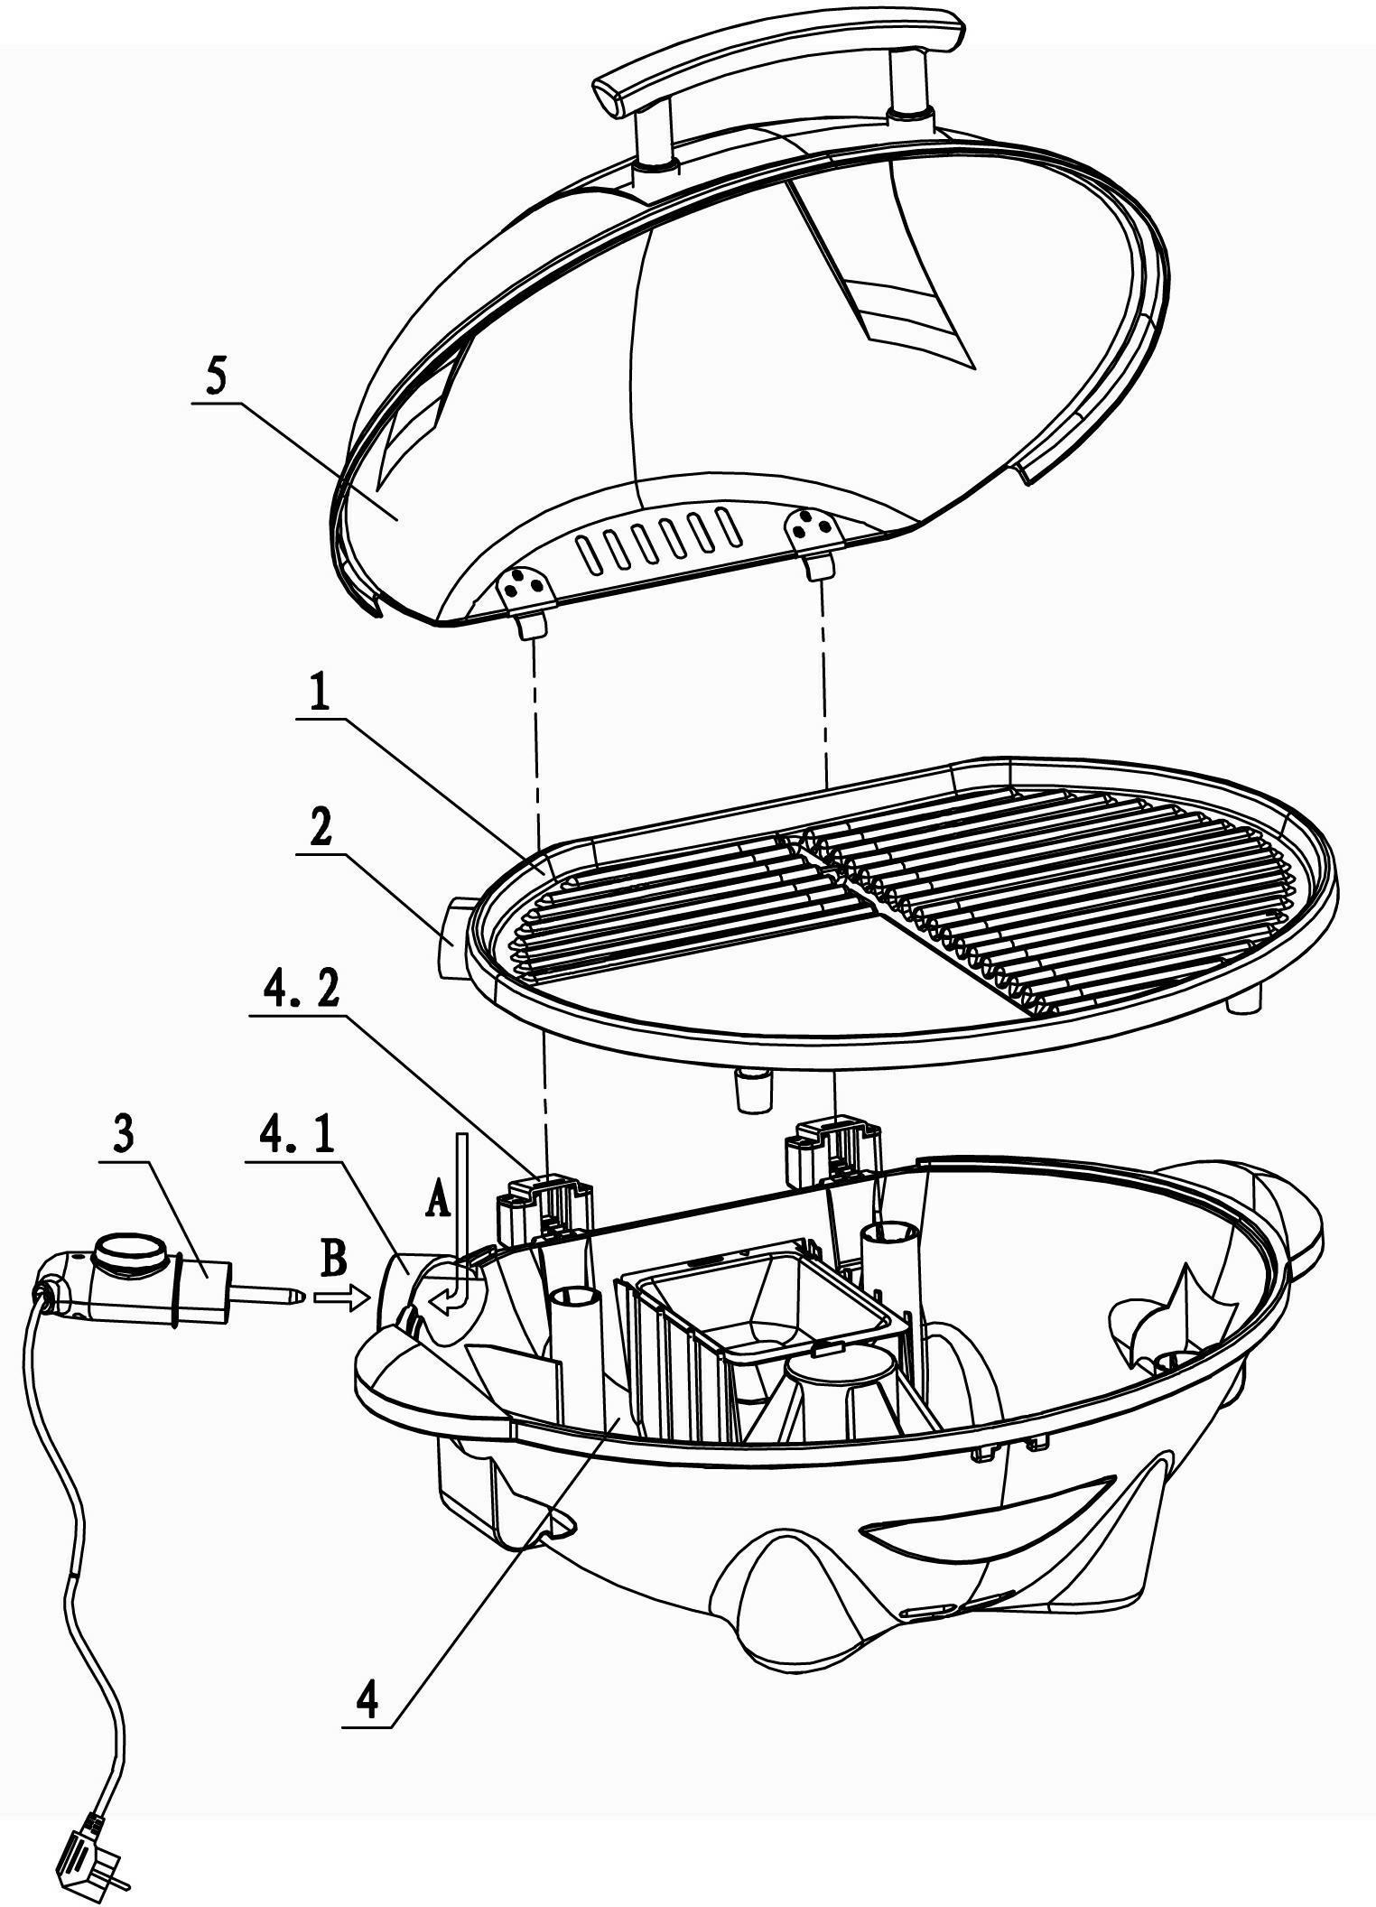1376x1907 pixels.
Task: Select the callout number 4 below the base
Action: pyautogui.click(x=367, y=1702)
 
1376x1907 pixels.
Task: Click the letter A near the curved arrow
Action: pyautogui.click(x=437, y=1202)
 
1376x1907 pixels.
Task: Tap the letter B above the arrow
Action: pyautogui.click(x=333, y=1260)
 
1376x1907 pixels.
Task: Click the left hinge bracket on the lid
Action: pyautogui.click(x=528, y=599)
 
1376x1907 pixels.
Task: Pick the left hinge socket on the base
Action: pyautogui.click(x=544, y=1208)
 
